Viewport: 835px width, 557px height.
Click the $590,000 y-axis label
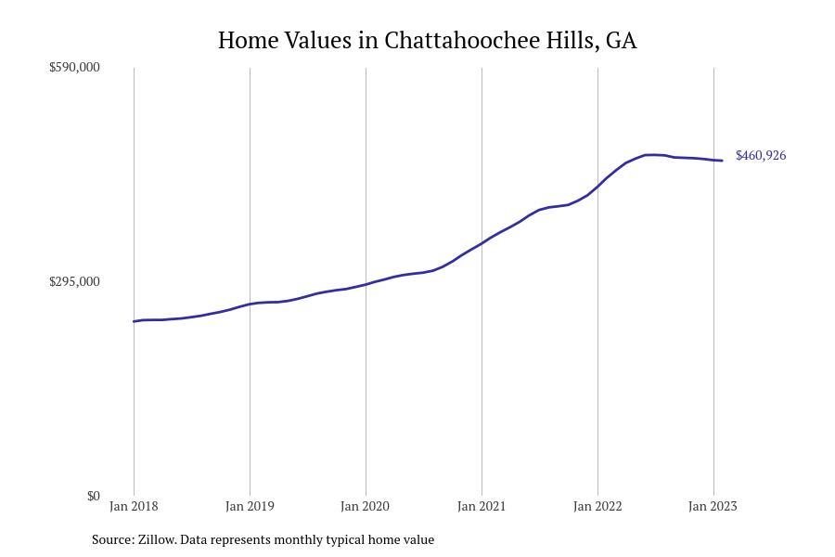74,67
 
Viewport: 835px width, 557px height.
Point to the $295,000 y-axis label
74,281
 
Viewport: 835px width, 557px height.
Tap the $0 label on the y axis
93,496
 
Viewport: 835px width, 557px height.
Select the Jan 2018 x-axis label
134,506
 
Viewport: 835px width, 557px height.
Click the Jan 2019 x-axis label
250,506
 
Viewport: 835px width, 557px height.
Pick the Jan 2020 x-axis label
366,506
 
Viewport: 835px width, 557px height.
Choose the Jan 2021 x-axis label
482,506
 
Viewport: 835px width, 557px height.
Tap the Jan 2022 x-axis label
597,506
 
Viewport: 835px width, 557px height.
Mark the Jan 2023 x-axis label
713,506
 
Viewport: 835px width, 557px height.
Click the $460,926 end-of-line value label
761,155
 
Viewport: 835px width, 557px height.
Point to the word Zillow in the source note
157,539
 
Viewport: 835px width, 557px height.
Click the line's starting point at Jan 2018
134,321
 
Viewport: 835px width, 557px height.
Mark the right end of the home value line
722,161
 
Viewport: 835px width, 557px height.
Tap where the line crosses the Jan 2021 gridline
482,243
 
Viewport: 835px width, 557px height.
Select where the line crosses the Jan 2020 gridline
366,284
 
